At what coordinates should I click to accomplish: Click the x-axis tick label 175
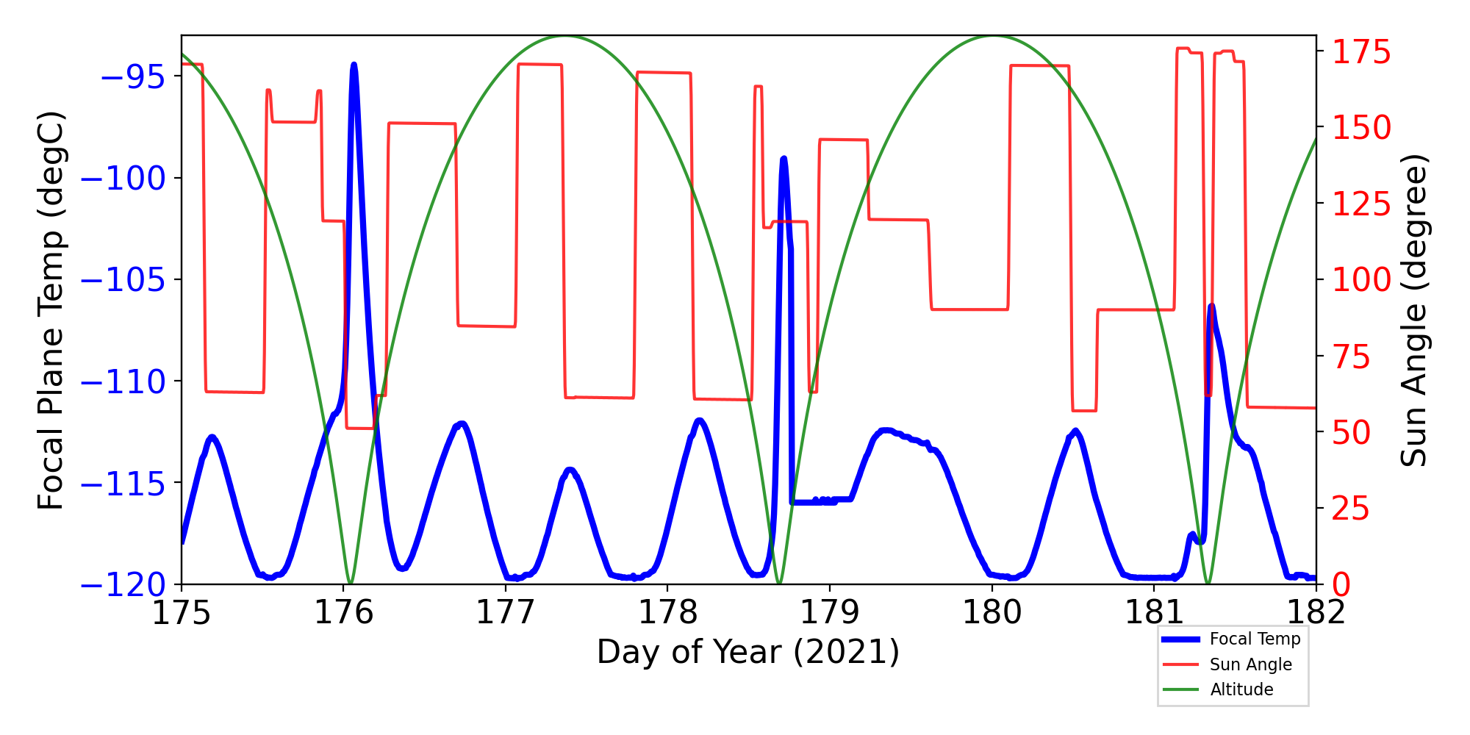181,612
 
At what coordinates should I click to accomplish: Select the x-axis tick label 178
667,612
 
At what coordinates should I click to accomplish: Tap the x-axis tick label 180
992,612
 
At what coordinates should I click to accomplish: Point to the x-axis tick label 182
1316,612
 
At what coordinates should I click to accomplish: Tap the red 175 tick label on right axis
1362,52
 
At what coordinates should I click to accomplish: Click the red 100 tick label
1362,280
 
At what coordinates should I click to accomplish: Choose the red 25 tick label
1352,509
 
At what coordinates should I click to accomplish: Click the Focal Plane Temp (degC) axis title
51,310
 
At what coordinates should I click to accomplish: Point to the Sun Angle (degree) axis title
1413,310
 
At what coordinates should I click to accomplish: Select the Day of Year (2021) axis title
748,652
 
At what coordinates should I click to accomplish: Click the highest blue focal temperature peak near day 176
354,65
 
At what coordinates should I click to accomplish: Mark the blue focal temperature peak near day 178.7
784,159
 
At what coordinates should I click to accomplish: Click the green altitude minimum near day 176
351,583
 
